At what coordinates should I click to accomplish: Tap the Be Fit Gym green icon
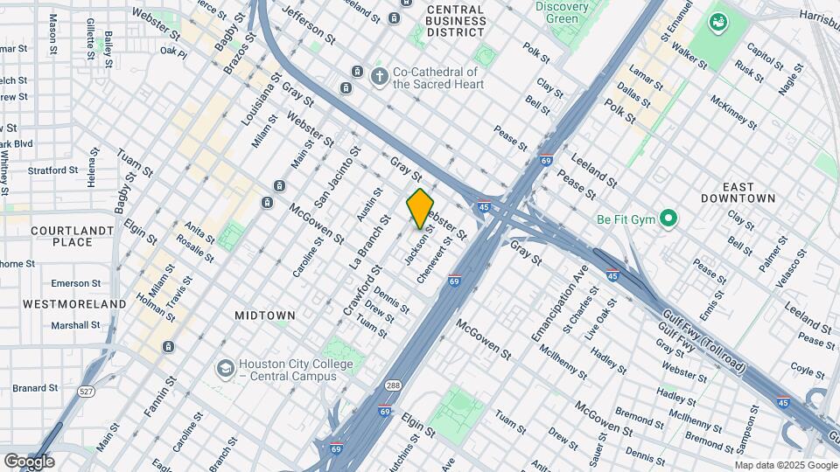click(669, 218)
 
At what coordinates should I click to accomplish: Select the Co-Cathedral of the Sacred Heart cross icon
click(379, 77)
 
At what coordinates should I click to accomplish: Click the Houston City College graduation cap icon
click(225, 369)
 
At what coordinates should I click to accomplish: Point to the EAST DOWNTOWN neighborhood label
click(738, 192)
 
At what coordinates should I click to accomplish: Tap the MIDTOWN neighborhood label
click(265, 315)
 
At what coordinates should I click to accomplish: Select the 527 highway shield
click(86, 392)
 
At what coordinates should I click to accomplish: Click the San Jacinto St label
click(338, 181)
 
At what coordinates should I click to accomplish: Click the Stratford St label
click(53, 171)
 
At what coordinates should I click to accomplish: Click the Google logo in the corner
click(29, 461)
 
